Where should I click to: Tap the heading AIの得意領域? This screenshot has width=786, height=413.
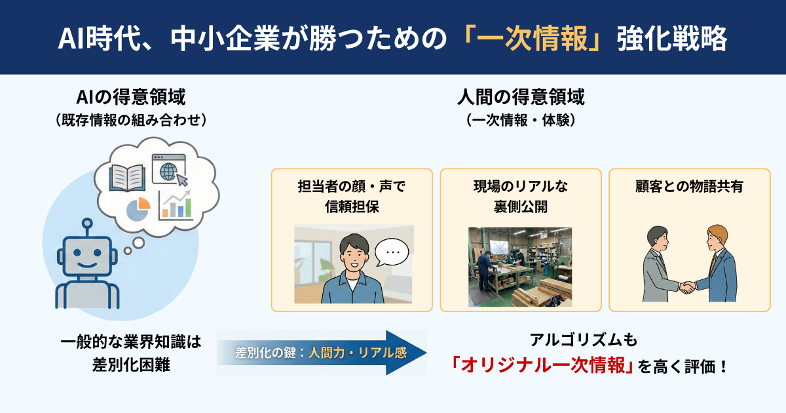point(131,98)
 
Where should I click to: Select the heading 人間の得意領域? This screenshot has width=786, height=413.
point(521,98)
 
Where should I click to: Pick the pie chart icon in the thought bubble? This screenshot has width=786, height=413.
point(138,209)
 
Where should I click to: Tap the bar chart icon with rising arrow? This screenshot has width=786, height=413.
point(176,205)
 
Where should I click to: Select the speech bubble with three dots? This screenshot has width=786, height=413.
point(392,252)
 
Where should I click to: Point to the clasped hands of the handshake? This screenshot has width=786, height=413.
point(688,286)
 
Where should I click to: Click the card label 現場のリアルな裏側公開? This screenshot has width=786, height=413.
point(521,196)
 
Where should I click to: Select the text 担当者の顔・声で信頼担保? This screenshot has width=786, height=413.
point(352,196)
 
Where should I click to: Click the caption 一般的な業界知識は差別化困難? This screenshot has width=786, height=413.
point(131,353)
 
